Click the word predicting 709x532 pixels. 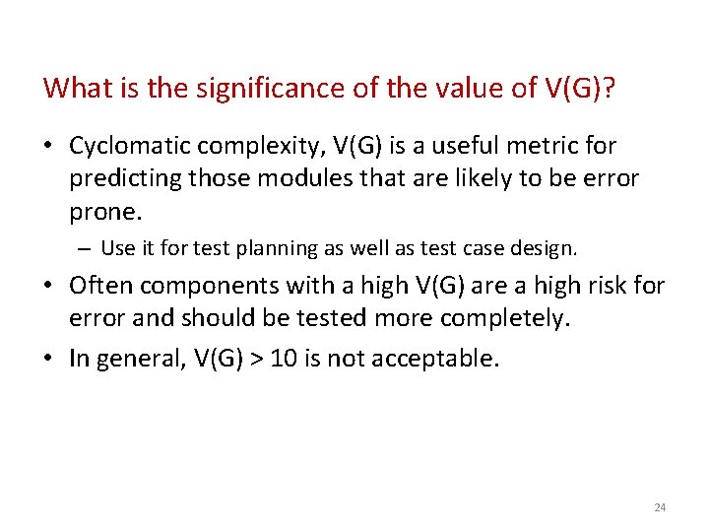click(119, 178)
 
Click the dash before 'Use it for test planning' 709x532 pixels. click(88, 248)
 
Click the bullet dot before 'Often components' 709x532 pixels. click(49, 286)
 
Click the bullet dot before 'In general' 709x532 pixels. click(49, 358)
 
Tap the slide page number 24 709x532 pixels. click(660, 507)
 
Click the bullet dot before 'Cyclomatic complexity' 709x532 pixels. click(49, 147)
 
